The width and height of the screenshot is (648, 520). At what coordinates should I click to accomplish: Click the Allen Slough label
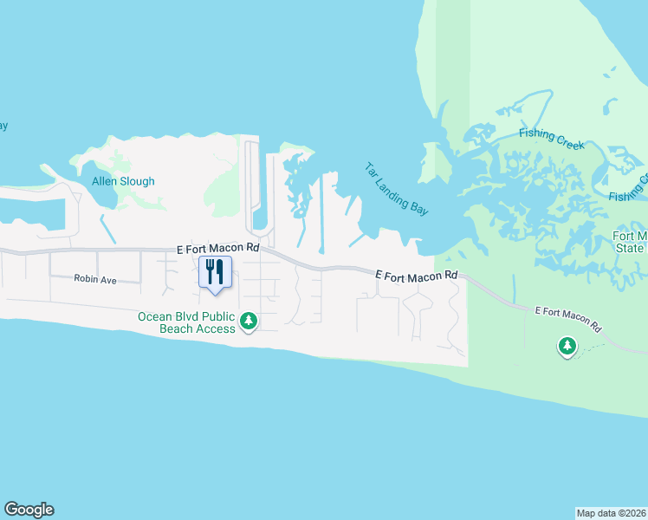pos(123,182)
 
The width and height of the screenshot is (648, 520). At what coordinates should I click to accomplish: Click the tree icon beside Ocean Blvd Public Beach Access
pos(249,322)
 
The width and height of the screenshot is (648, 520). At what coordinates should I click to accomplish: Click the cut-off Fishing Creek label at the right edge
pos(628,191)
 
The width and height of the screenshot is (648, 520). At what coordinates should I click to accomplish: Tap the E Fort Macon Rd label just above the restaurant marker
pos(217,248)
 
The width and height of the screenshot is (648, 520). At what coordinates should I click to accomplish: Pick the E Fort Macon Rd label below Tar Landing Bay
pos(416,275)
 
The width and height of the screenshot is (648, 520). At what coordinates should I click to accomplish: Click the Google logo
pos(29,510)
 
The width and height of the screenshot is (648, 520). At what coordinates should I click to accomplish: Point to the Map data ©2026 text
pos(611,513)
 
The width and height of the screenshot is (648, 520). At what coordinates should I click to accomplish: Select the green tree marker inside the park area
pos(567,347)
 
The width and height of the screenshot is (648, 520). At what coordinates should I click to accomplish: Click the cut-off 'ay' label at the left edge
pos(3,126)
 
